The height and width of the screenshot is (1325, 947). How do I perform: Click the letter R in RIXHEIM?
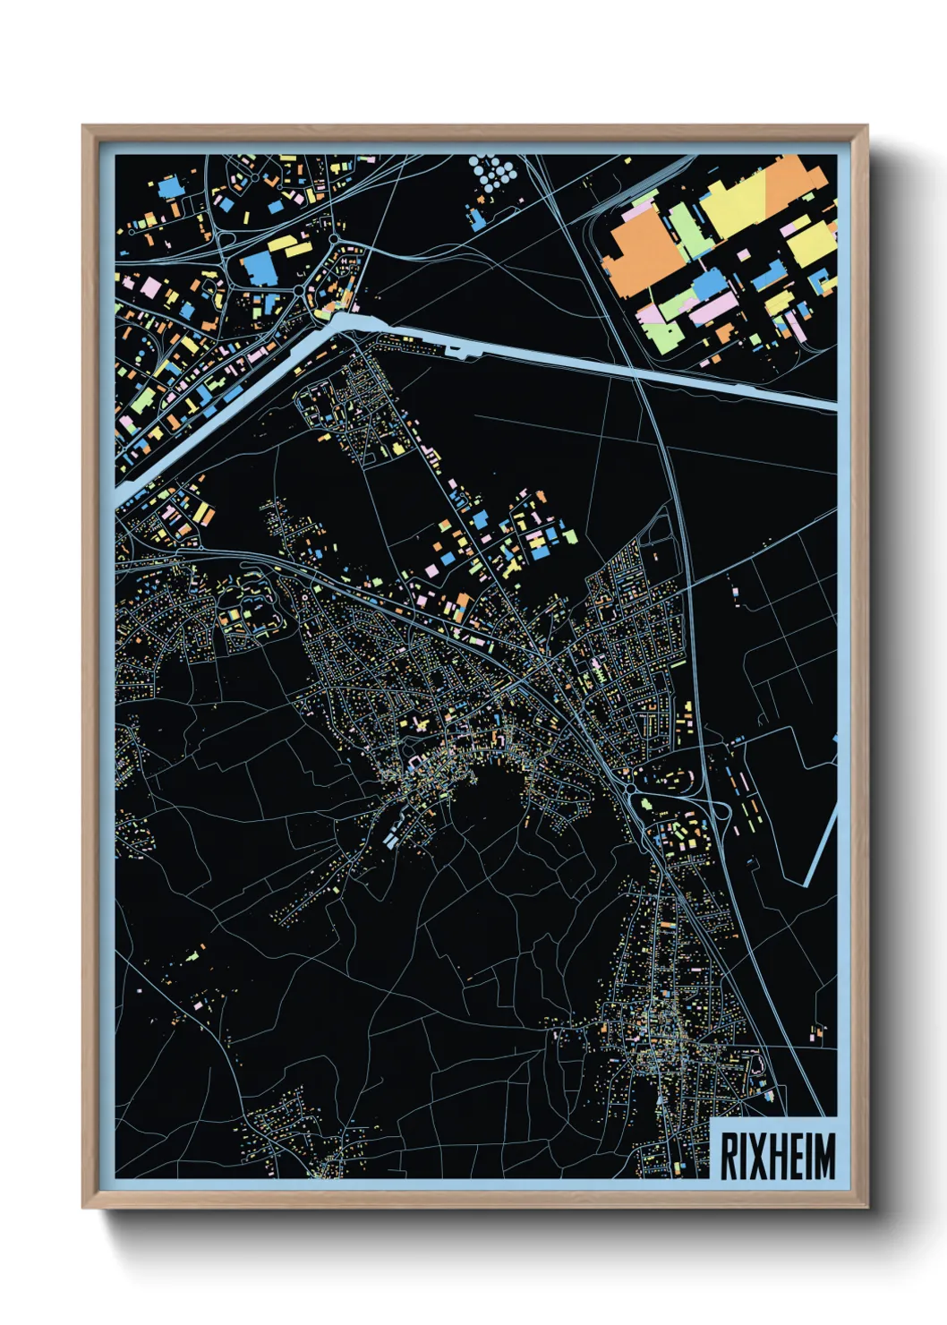pyautogui.click(x=729, y=1156)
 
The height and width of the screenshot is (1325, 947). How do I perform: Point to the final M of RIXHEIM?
pyautogui.click(x=825, y=1156)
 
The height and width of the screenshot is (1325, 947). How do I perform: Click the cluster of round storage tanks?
pyautogui.click(x=493, y=173)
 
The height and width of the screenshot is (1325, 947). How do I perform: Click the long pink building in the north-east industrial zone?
pyautogui.click(x=712, y=310)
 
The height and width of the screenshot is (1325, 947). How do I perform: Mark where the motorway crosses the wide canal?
pyautogui.click(x=637, y=374)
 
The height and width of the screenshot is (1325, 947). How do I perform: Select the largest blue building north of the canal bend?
pyautogui.click(x=258, y=268)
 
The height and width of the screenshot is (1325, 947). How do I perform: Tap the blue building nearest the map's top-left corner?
pyautogui.click(x=168, y=187)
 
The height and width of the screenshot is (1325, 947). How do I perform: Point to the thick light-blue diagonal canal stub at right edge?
pyautogui.click(x=822, y=846)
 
